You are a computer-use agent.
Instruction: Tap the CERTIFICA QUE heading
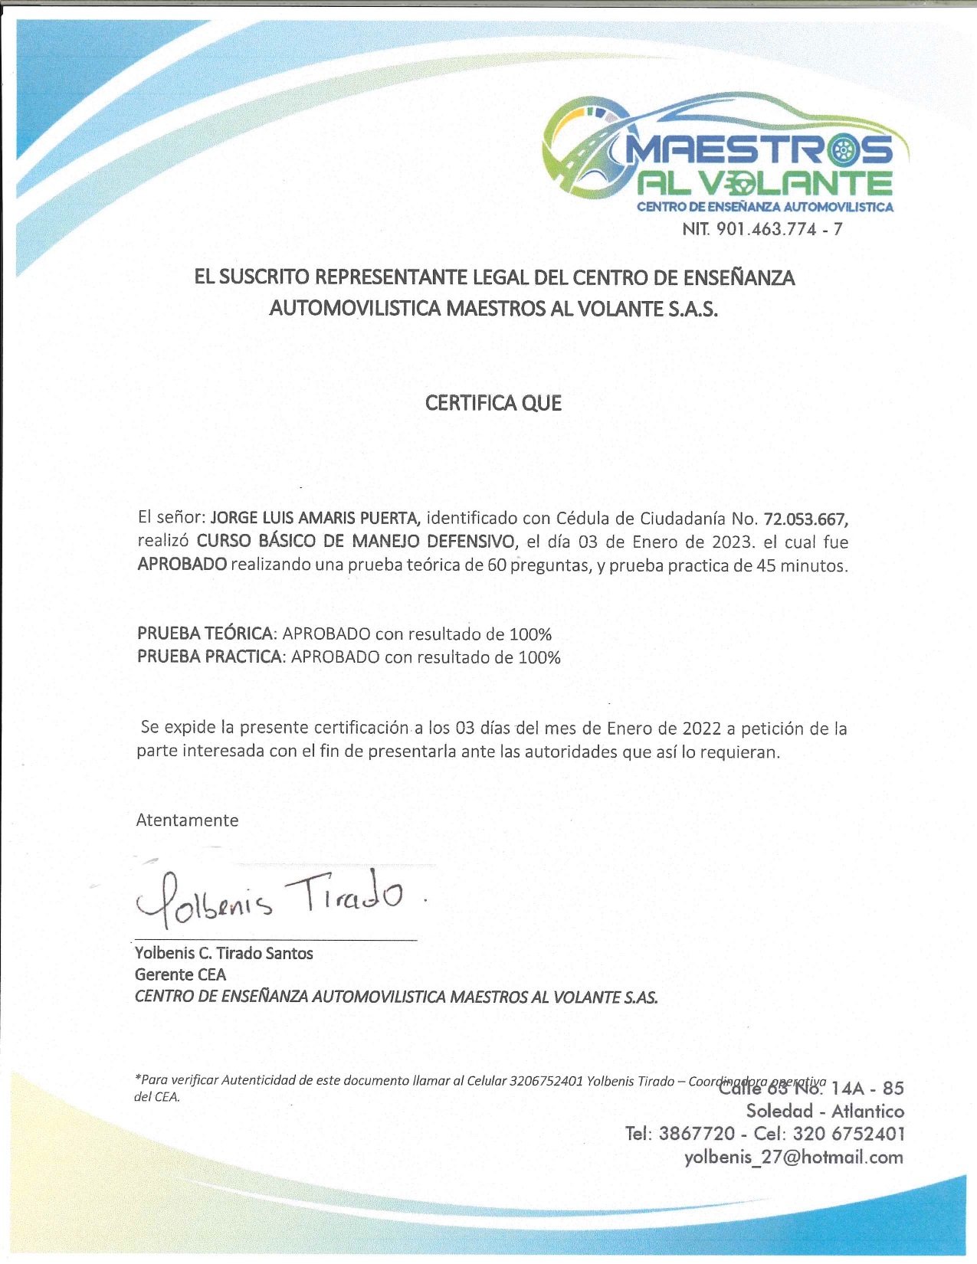click(493, 403)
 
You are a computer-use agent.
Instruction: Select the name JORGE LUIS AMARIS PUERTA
click(315, 518)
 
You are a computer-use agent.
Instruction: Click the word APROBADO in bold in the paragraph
click(182, 565)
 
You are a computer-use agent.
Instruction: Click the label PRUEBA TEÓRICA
click(205, 634)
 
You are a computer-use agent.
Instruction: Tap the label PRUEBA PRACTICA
click(210, 657)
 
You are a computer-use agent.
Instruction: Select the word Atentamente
click(187, 820)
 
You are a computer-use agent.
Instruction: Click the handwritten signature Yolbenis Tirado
click(268, 896)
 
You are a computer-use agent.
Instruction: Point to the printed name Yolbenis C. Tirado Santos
click(224, 953)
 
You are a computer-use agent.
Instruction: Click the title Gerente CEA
click(181, 974)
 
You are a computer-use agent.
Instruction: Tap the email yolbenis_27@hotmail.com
click(794, 1157)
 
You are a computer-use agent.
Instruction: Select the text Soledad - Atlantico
click(825, 1111)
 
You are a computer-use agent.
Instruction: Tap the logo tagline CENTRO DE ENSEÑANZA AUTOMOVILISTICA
click(765, 207)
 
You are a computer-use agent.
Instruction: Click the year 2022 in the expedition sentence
click(702, 728)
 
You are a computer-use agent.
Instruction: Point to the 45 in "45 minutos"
click(766, 566)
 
